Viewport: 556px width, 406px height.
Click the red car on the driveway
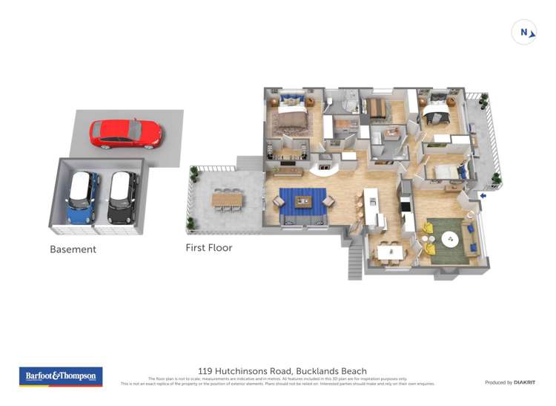pyautogui.click(x=125, y=134)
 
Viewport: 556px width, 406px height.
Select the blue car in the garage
pyautogui.click(x=82, y=198)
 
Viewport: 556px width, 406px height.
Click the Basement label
pyautogui.click(x=73, y=249)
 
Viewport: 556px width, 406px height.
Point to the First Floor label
pyautogui.click(x=208, y=248)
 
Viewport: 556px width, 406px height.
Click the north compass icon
pyautogui.click(x=524, y=32)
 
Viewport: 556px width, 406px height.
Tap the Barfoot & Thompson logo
pyautogui.click(x=60, y=376)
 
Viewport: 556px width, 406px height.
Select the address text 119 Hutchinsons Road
pyautogui.click(x=244, y=371)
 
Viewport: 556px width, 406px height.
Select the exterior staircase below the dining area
pyautogui.click(x=355, y=263)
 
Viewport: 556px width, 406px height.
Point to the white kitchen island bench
pyautogui.click(x=371, y=209)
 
